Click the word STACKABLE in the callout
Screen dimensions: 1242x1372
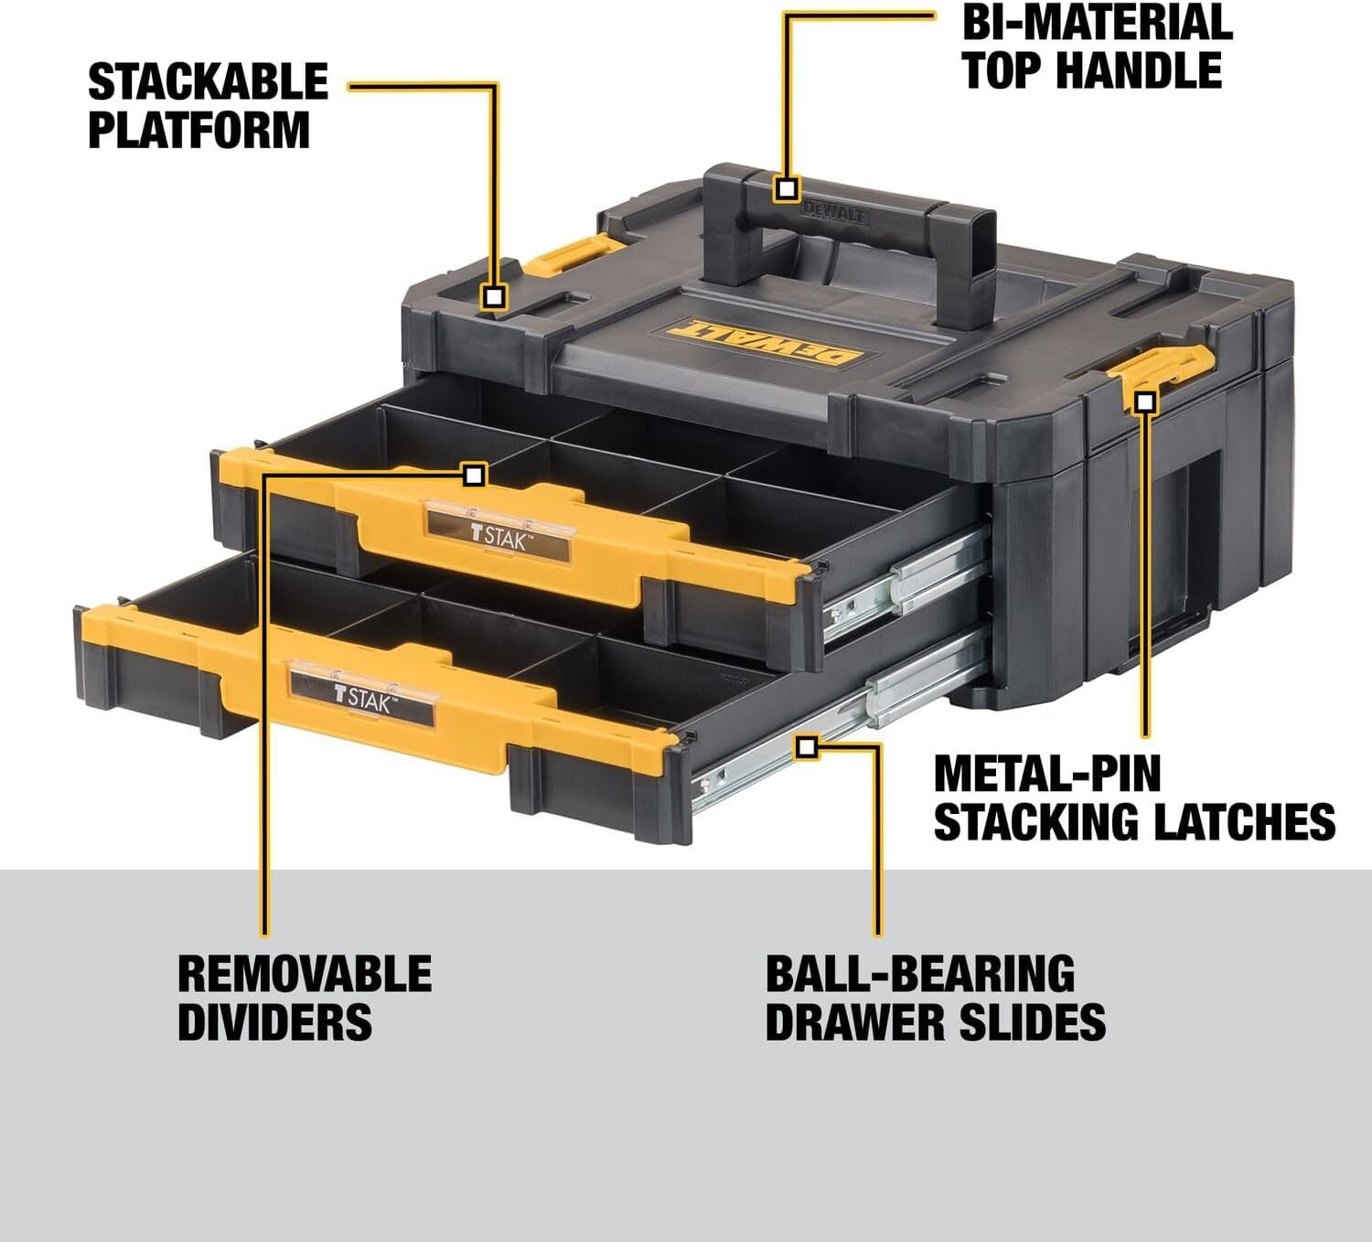pos(208,82)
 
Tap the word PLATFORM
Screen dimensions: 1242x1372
pos(198,129)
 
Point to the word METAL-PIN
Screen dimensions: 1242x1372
pos(1046,774)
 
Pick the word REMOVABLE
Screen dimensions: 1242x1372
pos(305,974)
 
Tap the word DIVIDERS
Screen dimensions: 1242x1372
pos(274,1022)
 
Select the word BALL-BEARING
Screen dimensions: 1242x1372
pos(920,974)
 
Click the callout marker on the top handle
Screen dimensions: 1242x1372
pos(787,189)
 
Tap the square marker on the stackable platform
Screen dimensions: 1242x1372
pos(494,296)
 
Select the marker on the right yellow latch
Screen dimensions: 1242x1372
pos(1145,401)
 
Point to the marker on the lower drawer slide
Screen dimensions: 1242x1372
pos(806,747)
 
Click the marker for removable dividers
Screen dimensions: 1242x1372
pos(474,475)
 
